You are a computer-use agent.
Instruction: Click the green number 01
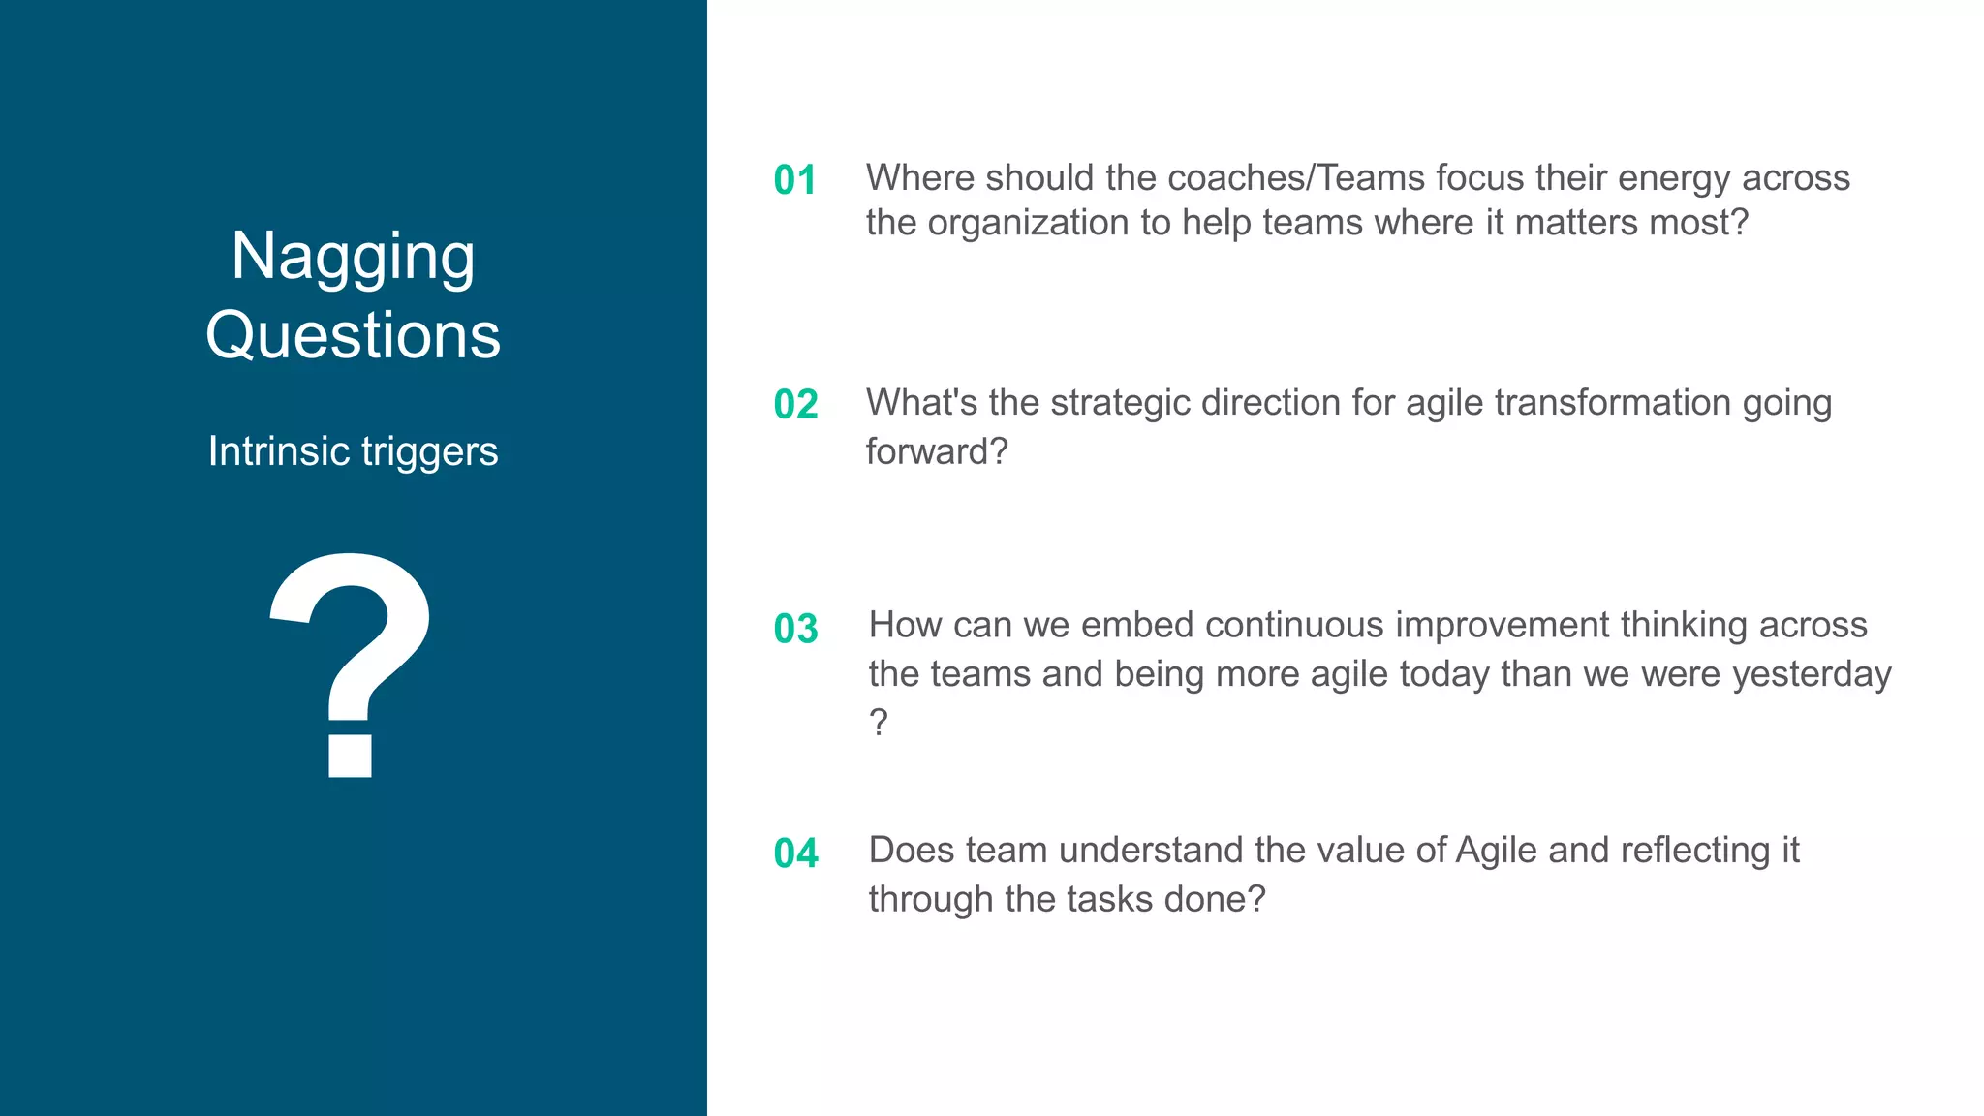[x=794, y=180]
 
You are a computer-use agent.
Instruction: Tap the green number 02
[x=795, y=405]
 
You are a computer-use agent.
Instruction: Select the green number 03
[x=795, y=630]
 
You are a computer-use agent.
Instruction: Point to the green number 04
[x=795, y=854]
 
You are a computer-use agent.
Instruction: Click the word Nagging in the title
[x=353, y=258]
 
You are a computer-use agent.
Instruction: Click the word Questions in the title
[x=353, y=335]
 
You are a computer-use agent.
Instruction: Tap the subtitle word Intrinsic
[x=278, y=451]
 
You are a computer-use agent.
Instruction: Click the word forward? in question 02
[x=936, y=451]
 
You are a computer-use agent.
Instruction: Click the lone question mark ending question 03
[x=878, y=723]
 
